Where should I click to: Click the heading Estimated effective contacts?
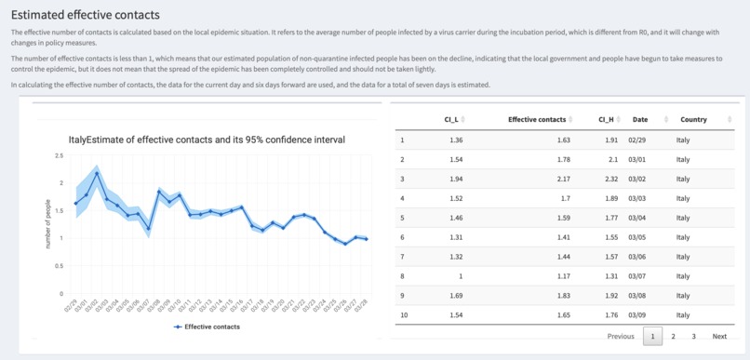coord(86,16)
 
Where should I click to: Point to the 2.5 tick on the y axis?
coord(60,155)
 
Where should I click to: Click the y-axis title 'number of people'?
coord(48,224)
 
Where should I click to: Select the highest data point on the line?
coord(97,173)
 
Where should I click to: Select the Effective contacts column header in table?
coord(537,119)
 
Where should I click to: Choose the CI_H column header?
coord(606,119)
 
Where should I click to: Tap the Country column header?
coord(693,119)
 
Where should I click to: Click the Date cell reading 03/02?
coord(637,178)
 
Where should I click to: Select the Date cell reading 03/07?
coord(637,275)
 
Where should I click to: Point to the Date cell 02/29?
coord(637,140)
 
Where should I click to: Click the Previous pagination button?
coord(621,336)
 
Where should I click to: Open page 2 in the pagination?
coord(673,336)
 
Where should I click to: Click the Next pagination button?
coord(719,336)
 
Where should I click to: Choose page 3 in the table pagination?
coord(693,336)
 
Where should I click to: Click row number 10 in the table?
coord(403,315)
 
